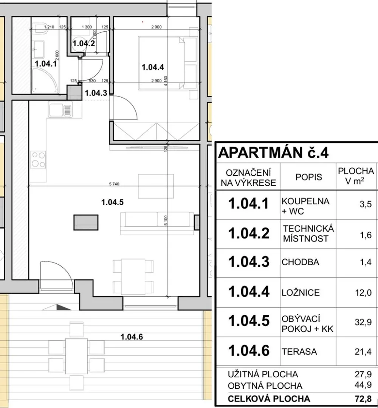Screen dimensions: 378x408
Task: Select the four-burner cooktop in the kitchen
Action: point(39,159)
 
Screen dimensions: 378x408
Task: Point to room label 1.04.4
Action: point(153,67)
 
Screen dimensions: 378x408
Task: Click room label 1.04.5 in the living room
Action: point(112,202)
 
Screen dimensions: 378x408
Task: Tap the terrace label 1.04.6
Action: point(132,337)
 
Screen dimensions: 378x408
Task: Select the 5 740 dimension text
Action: point(114,184)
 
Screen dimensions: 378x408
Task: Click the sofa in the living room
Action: point(157,223)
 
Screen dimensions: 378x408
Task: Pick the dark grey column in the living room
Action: point(86,223)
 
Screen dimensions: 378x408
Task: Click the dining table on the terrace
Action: point(76,356)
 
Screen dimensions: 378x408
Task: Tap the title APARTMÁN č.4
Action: point(273,153)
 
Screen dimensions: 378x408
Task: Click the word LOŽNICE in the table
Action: point(301,293)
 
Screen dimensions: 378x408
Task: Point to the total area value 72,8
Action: point(363,399)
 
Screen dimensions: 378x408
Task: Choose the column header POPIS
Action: point(308,177)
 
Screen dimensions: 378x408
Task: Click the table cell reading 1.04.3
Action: point(249,262)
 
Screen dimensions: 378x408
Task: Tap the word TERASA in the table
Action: point(299,352)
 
